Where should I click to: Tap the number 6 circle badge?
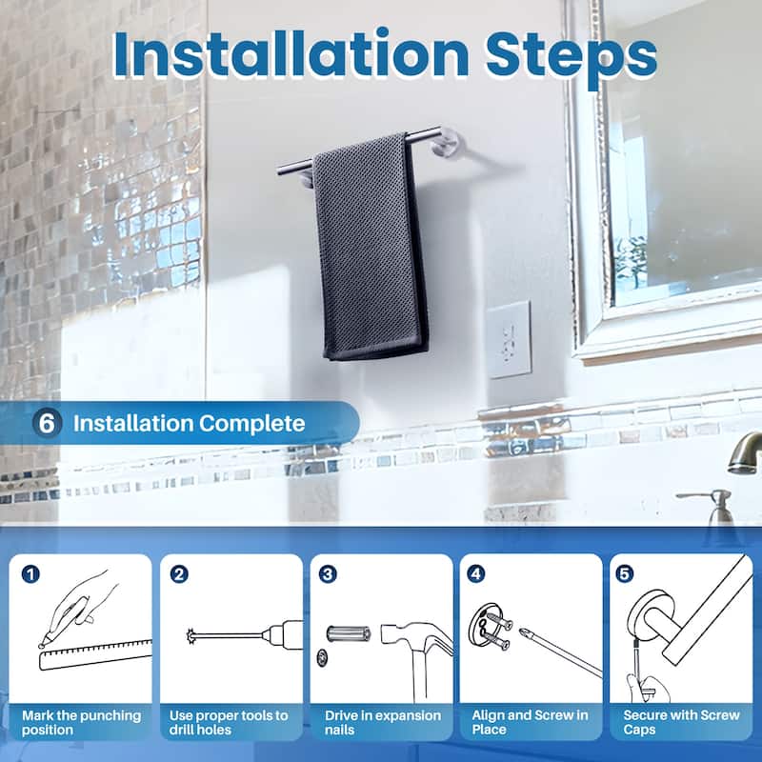[47, 423]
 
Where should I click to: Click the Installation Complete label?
[189, 423]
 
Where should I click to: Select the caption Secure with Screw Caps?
[680, 722]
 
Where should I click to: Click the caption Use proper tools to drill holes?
[229, 722]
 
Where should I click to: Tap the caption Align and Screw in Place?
[530, 722]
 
